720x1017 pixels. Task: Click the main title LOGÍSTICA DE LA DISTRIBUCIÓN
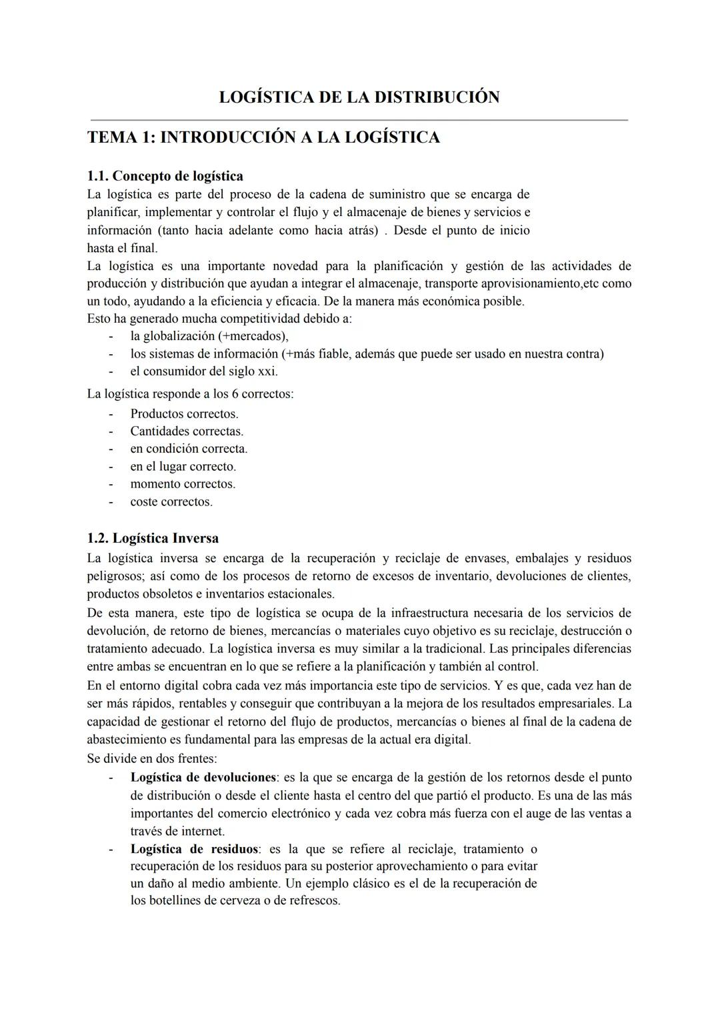pos(359,97)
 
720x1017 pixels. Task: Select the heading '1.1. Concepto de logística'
pos(165,176)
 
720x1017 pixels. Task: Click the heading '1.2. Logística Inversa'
pos(153,538)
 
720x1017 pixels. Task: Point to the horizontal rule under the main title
pos(359,120)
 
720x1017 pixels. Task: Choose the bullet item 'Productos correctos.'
pos(184,414)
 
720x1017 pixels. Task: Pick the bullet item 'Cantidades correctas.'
pos(187,431)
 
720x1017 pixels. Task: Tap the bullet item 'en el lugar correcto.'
pos(183,467)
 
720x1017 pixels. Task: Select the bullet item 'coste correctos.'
pos(171,502)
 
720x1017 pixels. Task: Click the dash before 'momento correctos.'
pos(111,484)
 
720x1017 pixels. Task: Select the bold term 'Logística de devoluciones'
pos(203,778)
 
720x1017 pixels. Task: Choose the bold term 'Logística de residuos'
pos(194,849)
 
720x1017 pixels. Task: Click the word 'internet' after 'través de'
pos(201,832)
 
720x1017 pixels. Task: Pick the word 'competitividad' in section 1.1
pos(262,319)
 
